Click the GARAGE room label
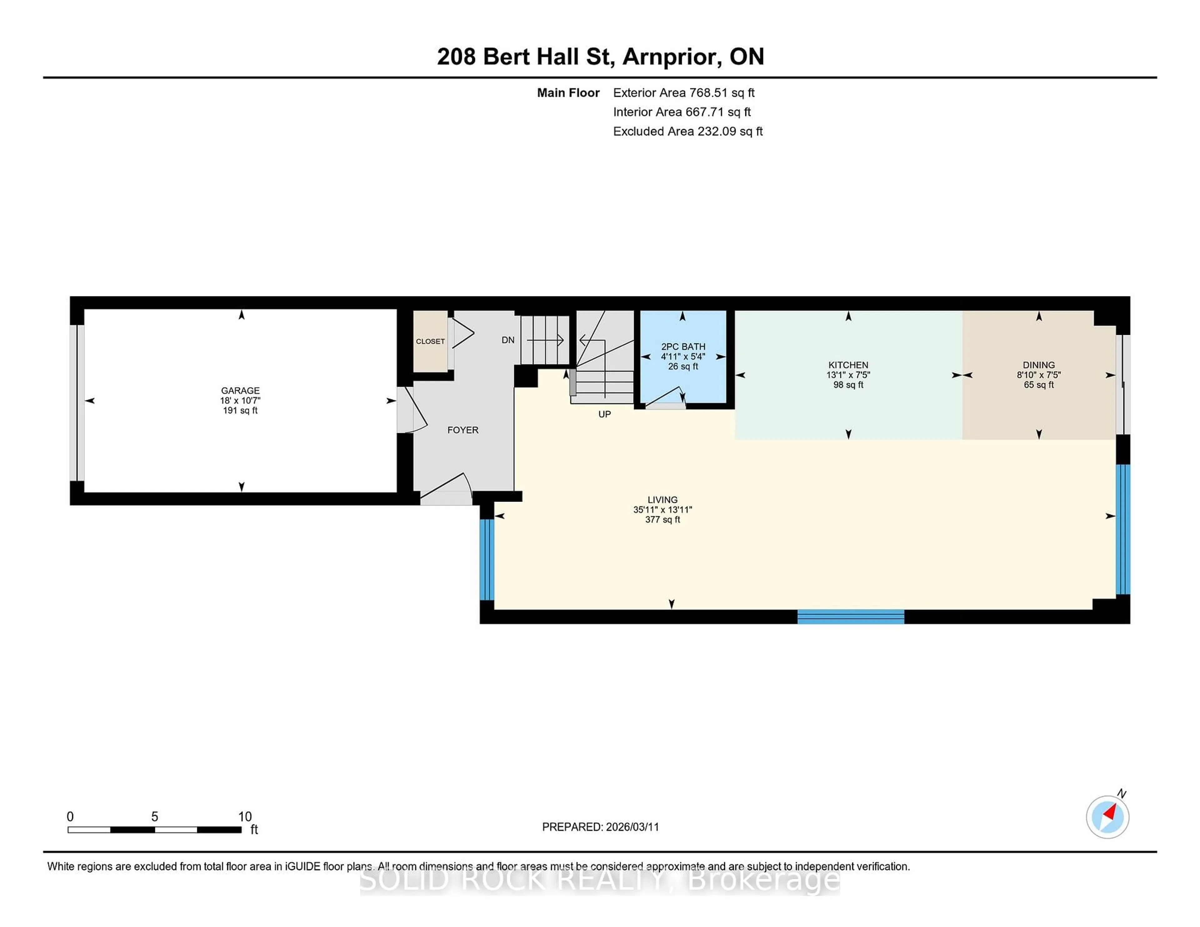tap(240, 390)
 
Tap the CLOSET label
tap(430, 341)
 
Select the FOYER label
tap(462, 430)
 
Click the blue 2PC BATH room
tap(683, 379)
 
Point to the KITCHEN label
tap(848, 365)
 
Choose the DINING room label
tap(1038, 365)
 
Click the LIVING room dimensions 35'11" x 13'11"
tap(662, 510)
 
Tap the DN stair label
tap(508, 340)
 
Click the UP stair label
tap(604, 414)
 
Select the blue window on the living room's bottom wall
tap(851, 617)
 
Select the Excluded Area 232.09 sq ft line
tap(687, 131)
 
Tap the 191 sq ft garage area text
tap(240, 410)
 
